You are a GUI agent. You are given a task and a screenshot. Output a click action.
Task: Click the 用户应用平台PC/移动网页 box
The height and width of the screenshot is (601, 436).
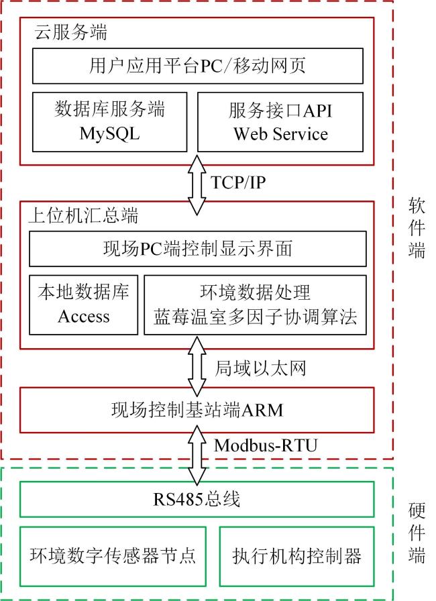pyautogui.click(x=198, y=66)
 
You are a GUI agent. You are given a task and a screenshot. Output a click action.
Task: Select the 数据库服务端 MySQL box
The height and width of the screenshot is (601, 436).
pyautogui.click(x=109, y=122)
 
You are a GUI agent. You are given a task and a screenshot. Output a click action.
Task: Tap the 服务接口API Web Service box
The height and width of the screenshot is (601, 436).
pyautogui.click(x=280, y=122)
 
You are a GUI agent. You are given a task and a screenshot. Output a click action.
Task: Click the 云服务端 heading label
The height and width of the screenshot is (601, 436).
pyautogui.click(x=71, y=32)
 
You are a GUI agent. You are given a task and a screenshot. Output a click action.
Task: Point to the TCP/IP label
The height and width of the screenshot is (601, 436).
pyautogui.click(x=238, y=182)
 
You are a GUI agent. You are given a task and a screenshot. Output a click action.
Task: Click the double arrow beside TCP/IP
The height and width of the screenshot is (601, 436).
pyautogui.click(x=197, y=184)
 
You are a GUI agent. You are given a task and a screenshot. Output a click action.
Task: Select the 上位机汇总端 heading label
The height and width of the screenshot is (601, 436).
pyautogui.click(x=84, y=215)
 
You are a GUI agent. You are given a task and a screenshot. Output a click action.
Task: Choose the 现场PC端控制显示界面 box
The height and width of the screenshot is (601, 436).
pyautogui.click(x=198, y=249)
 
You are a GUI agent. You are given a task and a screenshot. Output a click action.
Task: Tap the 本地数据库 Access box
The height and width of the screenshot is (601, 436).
pyautogui.click(x=84, y=305)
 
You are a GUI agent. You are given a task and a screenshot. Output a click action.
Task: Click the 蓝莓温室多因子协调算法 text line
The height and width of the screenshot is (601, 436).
pyautogui.click(x=255, y=317)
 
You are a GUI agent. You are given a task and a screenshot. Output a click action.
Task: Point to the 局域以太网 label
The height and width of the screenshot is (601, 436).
pyautogui.click(x=260, y=368)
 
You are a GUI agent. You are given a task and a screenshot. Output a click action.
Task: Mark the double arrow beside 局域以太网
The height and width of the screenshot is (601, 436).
pyautogui.click(x=197, y=366)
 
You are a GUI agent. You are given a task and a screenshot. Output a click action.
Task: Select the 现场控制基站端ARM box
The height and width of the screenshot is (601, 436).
pyautogui.click(x=197, y=410)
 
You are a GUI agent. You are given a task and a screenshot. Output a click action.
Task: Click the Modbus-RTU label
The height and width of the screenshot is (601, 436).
pyautogui.click(x=266, y=445)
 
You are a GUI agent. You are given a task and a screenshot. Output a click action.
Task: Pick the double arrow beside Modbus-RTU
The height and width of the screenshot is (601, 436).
pyautogui.click(x=197, y=455)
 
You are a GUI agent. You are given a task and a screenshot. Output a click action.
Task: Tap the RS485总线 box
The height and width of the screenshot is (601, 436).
pyautogui.click(x=197, y=499)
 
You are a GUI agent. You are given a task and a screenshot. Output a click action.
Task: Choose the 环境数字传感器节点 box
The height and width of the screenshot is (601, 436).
pyautogui.click(x=113, y=557)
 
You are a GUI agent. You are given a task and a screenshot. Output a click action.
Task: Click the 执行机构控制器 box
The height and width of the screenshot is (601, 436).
pyautogui.click(x=297, y=557)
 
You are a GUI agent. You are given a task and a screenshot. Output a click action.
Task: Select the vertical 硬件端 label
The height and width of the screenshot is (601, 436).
pyautogui.click(x=417, y=533)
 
